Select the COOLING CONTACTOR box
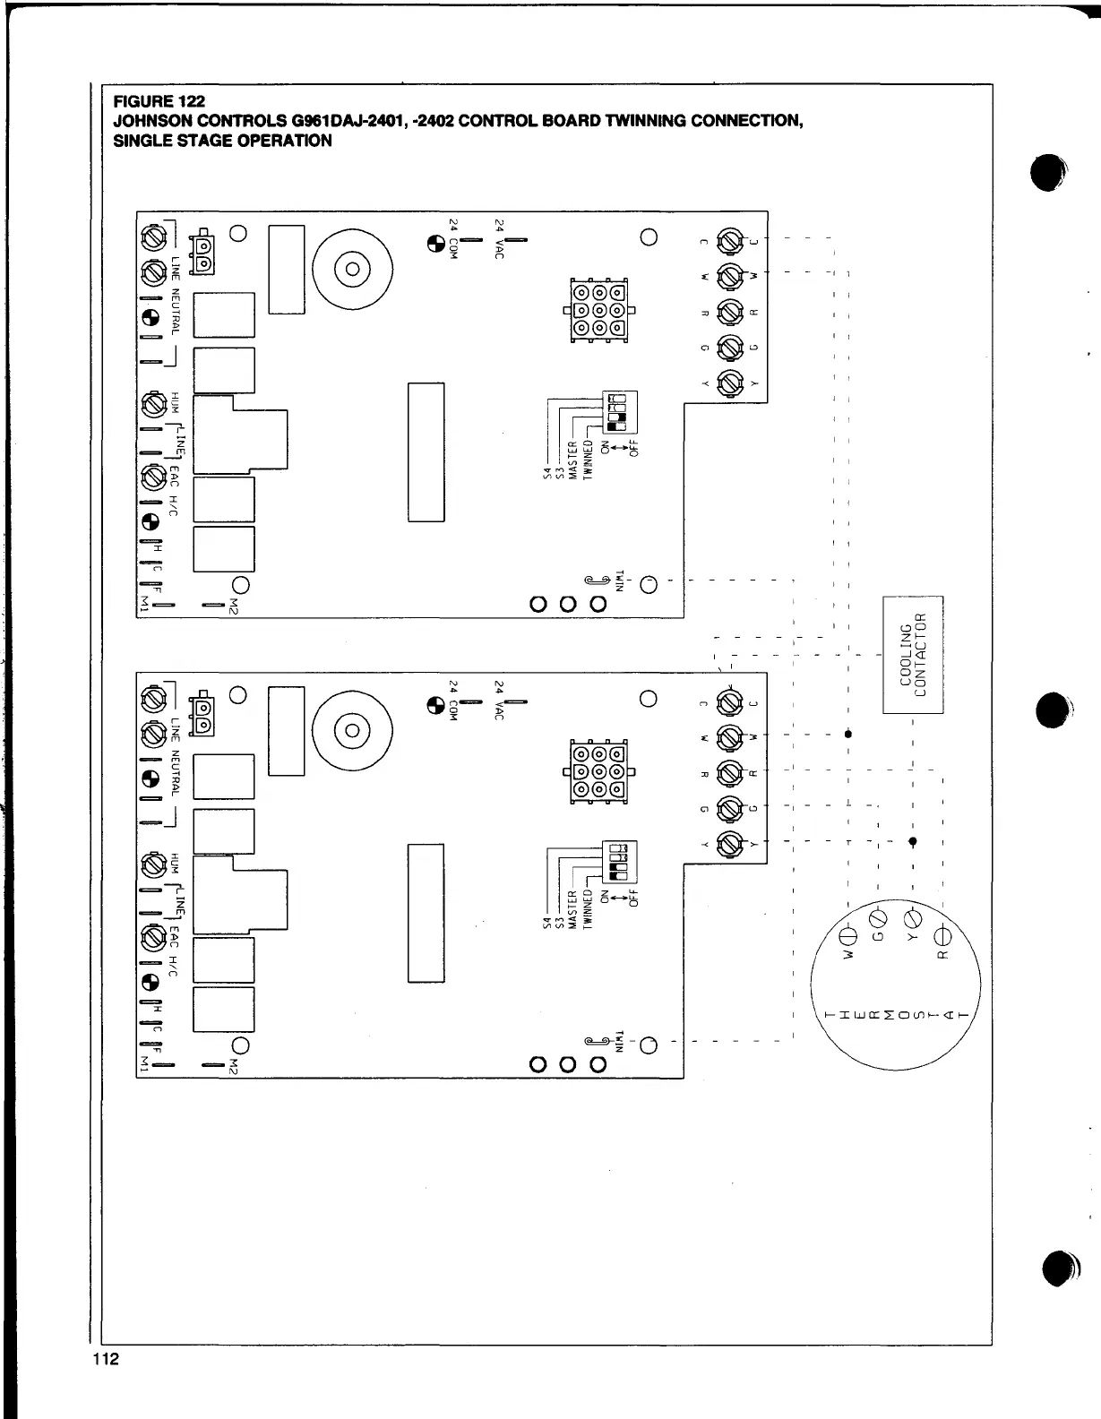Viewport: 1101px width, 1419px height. click(913, 654)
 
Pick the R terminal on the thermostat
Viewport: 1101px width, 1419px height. click(942, 937)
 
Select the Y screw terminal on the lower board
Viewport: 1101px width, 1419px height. click(730, 842)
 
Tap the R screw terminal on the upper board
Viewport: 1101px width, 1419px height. click(730, 312)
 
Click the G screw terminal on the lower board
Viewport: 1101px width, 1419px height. click(730, 807)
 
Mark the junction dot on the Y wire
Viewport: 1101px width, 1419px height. click(913, 841)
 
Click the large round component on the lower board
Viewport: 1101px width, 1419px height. click(352, 728)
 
